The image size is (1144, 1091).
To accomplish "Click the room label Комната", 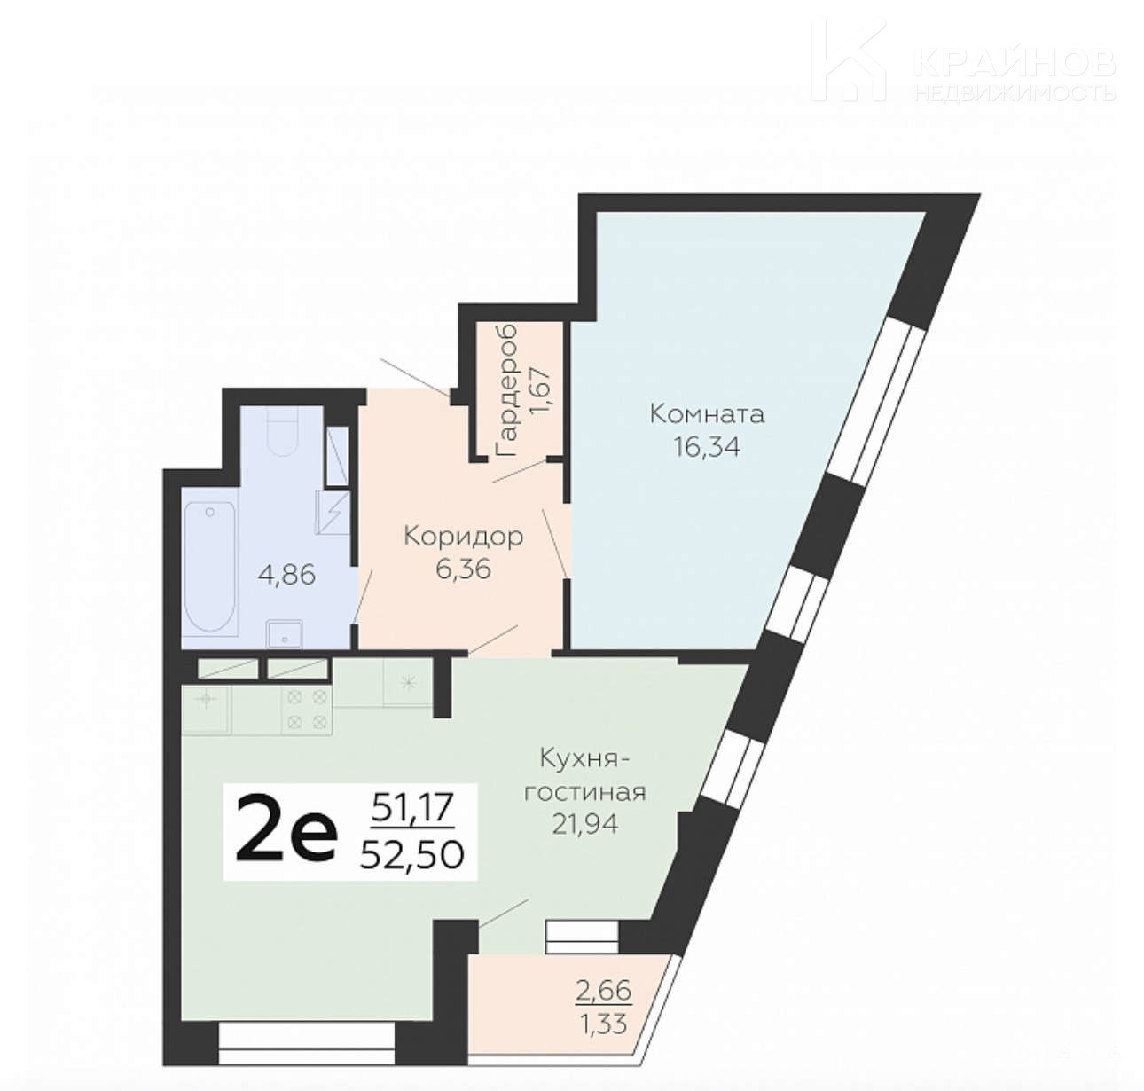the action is click(707, 414).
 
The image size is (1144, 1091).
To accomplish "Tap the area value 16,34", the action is click(707, 447).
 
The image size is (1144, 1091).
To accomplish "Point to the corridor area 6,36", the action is click(463, 569).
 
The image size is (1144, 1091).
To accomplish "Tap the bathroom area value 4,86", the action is click(286, 576).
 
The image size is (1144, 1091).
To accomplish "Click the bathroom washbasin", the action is click(284, 634).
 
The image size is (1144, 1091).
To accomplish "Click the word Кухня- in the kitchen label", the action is click(585, 759).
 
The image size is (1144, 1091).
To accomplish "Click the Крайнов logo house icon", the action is click(849, 59).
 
